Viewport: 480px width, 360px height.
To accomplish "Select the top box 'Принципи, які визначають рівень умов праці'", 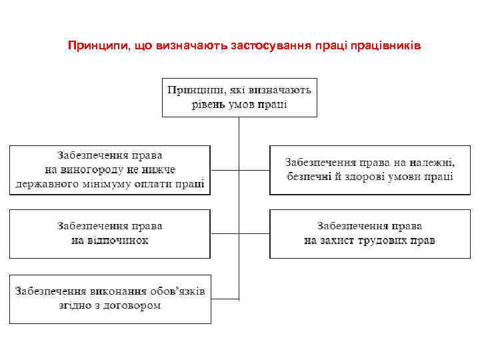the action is point(239,97).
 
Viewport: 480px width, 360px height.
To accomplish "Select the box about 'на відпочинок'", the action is point(110,233).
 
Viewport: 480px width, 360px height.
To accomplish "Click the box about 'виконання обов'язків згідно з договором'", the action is point(110,299).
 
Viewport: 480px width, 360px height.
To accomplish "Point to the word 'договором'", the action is point(133,306).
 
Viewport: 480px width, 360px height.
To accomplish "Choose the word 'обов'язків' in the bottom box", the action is point(174,292).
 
